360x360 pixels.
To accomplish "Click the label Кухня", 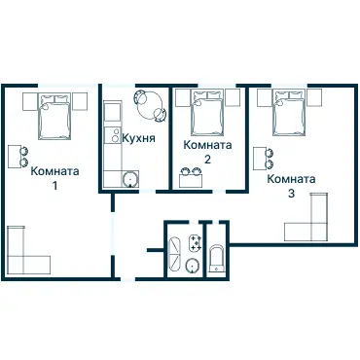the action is click(x=138, y=138).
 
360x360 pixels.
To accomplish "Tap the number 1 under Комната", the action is click(x=54, y=186).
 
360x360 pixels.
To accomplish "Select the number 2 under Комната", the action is click(x=207, y=160).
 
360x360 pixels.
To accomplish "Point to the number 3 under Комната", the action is click(x=291, y=194).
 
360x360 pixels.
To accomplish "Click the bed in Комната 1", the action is click(x=54, y=117).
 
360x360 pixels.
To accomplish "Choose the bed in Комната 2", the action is click(x=207, y=113).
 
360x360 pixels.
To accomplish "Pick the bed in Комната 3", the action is click(x=289, y=113).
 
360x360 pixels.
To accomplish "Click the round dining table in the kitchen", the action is click(x=150, y=105).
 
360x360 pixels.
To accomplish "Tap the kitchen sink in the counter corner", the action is click(x=130, y=179).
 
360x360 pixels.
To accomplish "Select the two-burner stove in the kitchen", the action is click(x=113, y=135).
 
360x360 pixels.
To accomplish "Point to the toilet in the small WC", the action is click(x=216, y=259).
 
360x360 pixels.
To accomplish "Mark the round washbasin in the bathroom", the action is click(x=193, y=266).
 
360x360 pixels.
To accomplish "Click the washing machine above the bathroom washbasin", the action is click(x=196, y=243).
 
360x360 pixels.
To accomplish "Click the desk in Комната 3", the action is click(x=260, y=158).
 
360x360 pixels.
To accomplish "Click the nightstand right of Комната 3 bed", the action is click(x=314, y=97).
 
